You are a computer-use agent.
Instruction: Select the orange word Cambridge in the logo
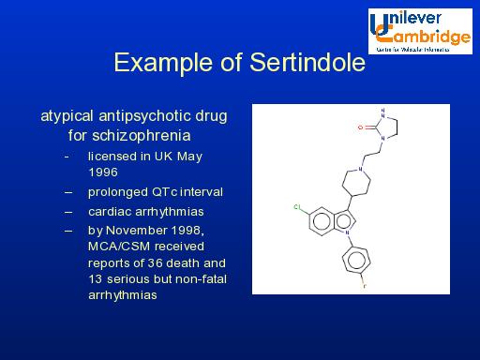(x=426, y=37)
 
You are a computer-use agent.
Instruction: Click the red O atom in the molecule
(x=361, y=123)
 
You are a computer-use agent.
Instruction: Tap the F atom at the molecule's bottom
(x=365, y=282)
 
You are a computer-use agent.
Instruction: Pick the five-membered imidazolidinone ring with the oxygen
(x=382, y=123)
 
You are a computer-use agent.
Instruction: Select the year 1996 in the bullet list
(x=103, y=172)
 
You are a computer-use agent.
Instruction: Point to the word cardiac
(x=111, y=211)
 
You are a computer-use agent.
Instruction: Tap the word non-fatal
(x=201, y=278)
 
